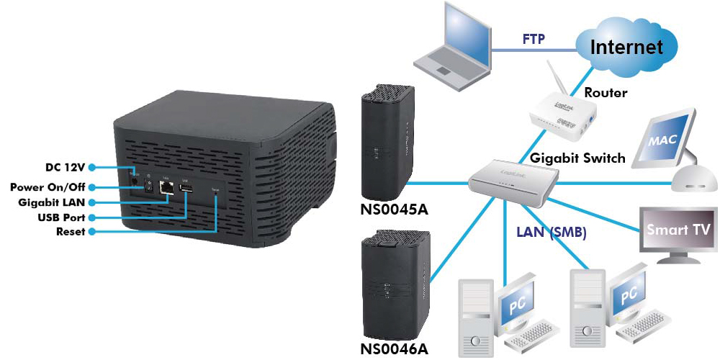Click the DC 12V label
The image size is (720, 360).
66,167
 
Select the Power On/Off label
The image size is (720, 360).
48,187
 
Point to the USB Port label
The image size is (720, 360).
61,217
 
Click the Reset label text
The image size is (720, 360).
71,232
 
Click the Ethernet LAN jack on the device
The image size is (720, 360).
168,187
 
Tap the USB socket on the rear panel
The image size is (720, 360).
185,189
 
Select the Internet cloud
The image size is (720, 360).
626,48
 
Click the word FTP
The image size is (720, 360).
534,38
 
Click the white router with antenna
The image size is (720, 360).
562,114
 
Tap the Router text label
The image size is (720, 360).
606,93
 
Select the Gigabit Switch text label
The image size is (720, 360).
577,158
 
